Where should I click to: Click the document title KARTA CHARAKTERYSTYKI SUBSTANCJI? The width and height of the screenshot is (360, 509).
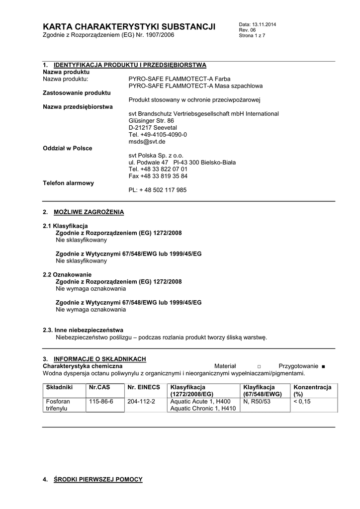coord(129,27)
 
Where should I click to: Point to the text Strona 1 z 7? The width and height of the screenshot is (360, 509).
coord(252,36)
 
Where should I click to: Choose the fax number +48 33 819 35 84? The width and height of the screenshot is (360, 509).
coord(158,176)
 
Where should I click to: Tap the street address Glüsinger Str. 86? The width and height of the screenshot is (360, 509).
coord(151,121)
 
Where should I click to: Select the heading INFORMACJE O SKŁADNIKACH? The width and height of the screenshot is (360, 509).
coord(99,359)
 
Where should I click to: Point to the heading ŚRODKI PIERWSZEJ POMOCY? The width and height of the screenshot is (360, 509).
coord(98,479)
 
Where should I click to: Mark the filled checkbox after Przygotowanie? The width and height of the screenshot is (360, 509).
coord(323,366)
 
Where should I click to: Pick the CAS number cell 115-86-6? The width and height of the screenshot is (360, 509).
coord(100,402)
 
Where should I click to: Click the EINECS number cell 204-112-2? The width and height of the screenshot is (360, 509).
coord(141,402)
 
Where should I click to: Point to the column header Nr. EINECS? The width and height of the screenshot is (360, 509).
coord(144,387)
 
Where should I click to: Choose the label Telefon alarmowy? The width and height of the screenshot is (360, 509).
coord(68,183)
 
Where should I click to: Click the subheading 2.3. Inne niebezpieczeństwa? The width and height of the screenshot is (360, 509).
coord(83,330)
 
